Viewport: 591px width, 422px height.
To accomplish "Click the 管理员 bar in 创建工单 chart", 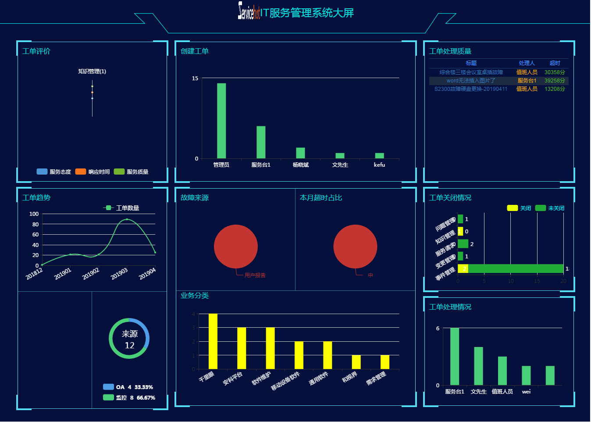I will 221,121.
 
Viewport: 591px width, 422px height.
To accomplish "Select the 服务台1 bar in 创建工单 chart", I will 261,142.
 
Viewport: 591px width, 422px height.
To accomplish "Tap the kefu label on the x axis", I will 379,165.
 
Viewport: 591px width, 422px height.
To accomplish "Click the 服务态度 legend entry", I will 54,172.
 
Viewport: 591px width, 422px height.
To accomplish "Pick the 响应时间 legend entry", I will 93,172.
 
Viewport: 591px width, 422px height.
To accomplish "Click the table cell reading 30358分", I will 555,72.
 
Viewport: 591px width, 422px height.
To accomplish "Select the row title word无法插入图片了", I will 471,81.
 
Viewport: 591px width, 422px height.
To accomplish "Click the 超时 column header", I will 555,63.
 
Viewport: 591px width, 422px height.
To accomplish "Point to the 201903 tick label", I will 119,273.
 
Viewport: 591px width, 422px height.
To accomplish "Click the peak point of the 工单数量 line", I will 127,219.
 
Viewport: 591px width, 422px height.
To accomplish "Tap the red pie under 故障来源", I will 236,247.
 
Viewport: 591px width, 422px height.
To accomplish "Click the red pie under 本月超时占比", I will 355,247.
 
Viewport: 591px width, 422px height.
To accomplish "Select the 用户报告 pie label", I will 255,275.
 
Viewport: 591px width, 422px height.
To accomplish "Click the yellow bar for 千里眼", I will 213,341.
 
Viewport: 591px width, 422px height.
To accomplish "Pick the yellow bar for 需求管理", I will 385,362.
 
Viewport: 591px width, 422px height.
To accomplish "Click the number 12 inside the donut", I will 129,346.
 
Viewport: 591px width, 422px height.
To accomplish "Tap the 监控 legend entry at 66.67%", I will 129,398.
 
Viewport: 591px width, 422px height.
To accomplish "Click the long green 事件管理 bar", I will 516,268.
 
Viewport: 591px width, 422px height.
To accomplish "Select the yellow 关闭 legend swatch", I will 512,208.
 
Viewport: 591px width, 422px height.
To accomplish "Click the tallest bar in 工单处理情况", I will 455,357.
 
